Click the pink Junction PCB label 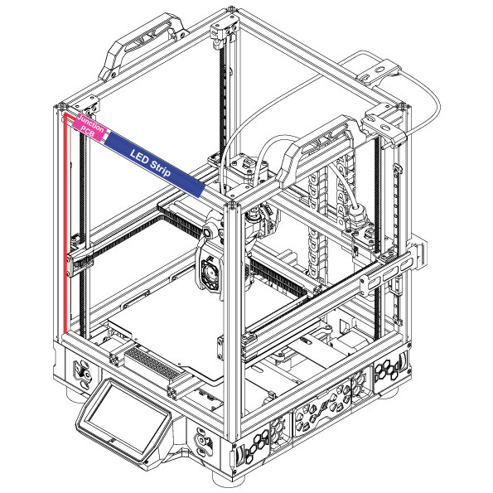89,127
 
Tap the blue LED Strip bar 154,165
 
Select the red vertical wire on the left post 65,222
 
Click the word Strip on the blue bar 161,168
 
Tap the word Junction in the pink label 91,123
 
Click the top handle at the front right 317,147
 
